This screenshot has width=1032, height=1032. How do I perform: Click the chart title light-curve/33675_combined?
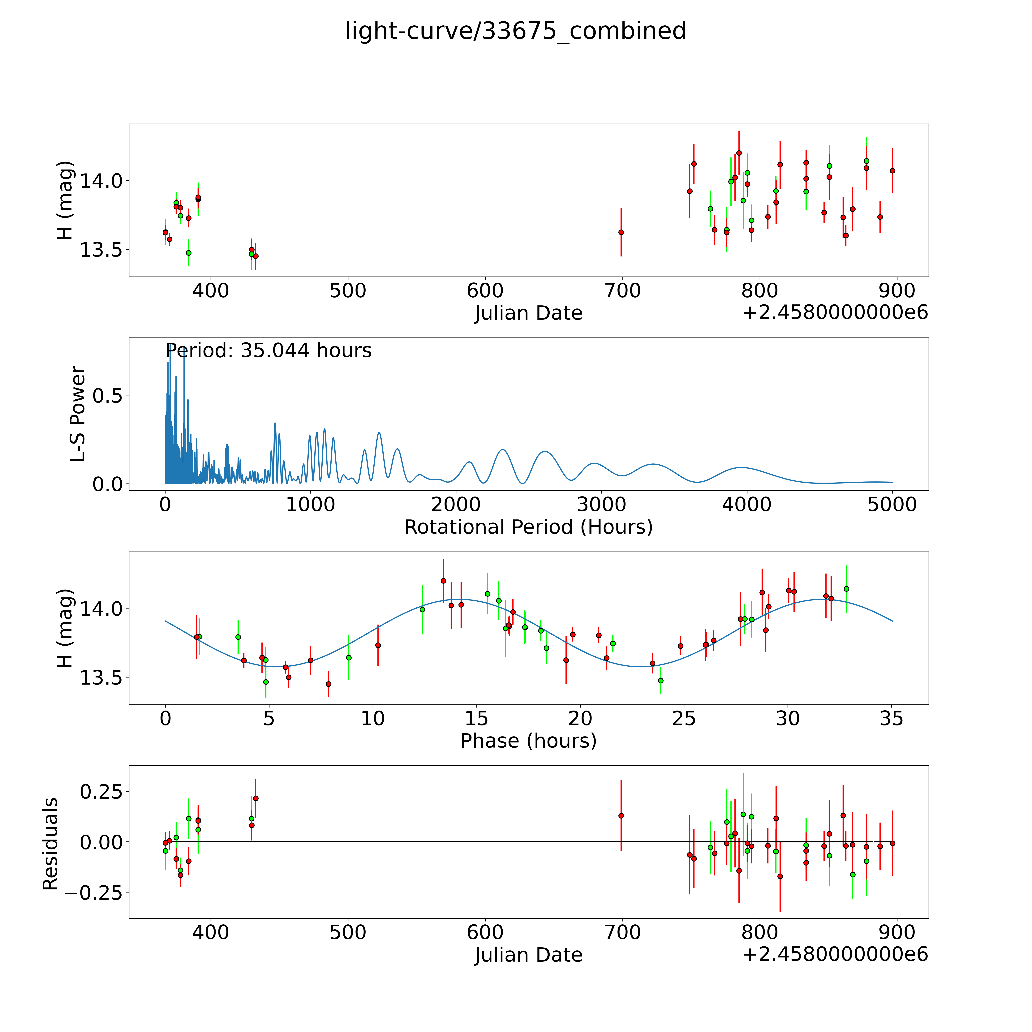515,31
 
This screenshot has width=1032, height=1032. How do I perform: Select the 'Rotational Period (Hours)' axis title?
528,527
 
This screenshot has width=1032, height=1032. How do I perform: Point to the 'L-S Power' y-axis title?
78,414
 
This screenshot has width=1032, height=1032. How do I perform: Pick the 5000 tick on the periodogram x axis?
892,505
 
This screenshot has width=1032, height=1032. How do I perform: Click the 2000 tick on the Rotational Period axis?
456,505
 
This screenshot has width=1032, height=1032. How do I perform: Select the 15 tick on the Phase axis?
476,719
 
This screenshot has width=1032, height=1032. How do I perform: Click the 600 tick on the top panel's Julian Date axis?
485,291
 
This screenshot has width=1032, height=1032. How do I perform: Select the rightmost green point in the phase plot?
846,589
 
